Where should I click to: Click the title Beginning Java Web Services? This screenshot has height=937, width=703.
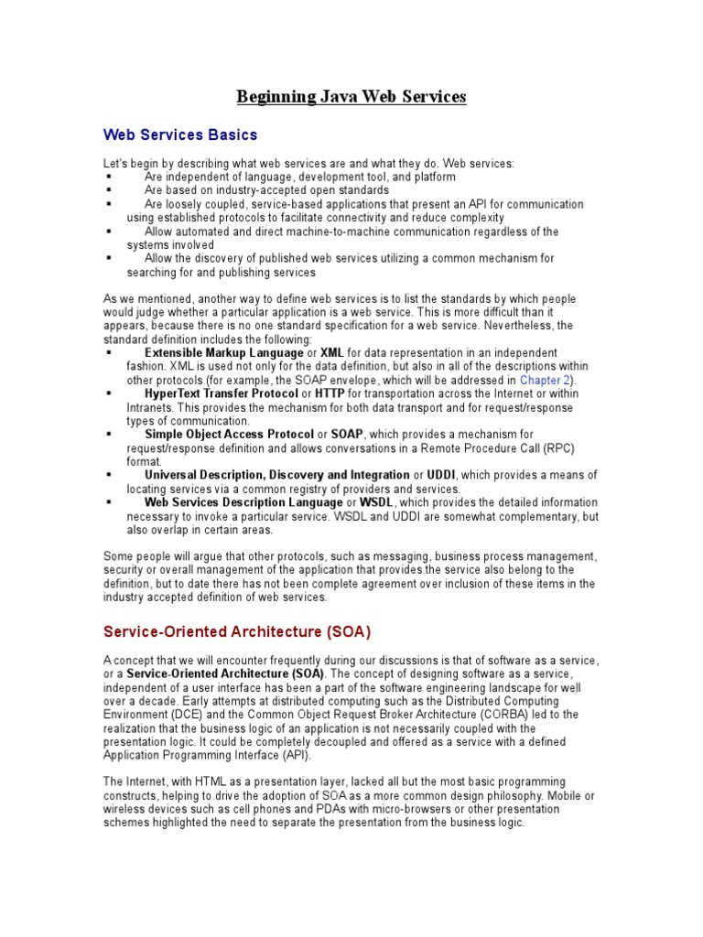(x=351, y=96)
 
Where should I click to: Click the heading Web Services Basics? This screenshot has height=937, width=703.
(x=179, y=135)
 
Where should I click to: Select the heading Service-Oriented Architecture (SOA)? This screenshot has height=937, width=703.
(x=236, y=631)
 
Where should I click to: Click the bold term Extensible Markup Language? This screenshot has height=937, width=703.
(x=223, y=352)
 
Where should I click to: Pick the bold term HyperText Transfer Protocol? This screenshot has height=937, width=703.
(x=222, y=393)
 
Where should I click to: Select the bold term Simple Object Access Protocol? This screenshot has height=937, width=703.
(x=229, y=434)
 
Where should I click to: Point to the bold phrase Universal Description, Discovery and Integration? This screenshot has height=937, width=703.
(x=276, y=475)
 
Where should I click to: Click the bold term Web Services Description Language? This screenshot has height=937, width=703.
(x=243, y=502)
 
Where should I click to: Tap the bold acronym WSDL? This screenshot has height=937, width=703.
(x=375, y=502)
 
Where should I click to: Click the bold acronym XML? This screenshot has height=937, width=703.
(x=331, y=352)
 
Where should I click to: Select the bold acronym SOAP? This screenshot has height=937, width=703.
(x=347, y=434)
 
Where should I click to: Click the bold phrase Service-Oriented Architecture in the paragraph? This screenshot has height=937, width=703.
(x=226, y=673)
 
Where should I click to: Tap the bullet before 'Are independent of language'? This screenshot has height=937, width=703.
(x=109, y=177)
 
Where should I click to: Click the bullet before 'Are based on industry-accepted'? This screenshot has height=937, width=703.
(x=109, y=190)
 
